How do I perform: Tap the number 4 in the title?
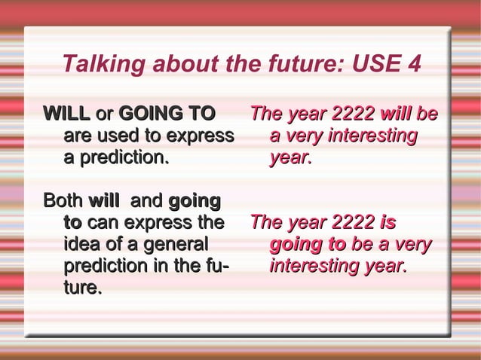pyautogui.click(x=412, y=65)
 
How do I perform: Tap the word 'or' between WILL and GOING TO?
pyautogui.click(x=105, y=115)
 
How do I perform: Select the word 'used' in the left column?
pyautogui.click(x=118, y=137)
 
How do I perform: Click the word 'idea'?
pyautogui.click(x=84, y=245)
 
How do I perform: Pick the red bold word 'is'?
pyautogui.click(x=388, y=224)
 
